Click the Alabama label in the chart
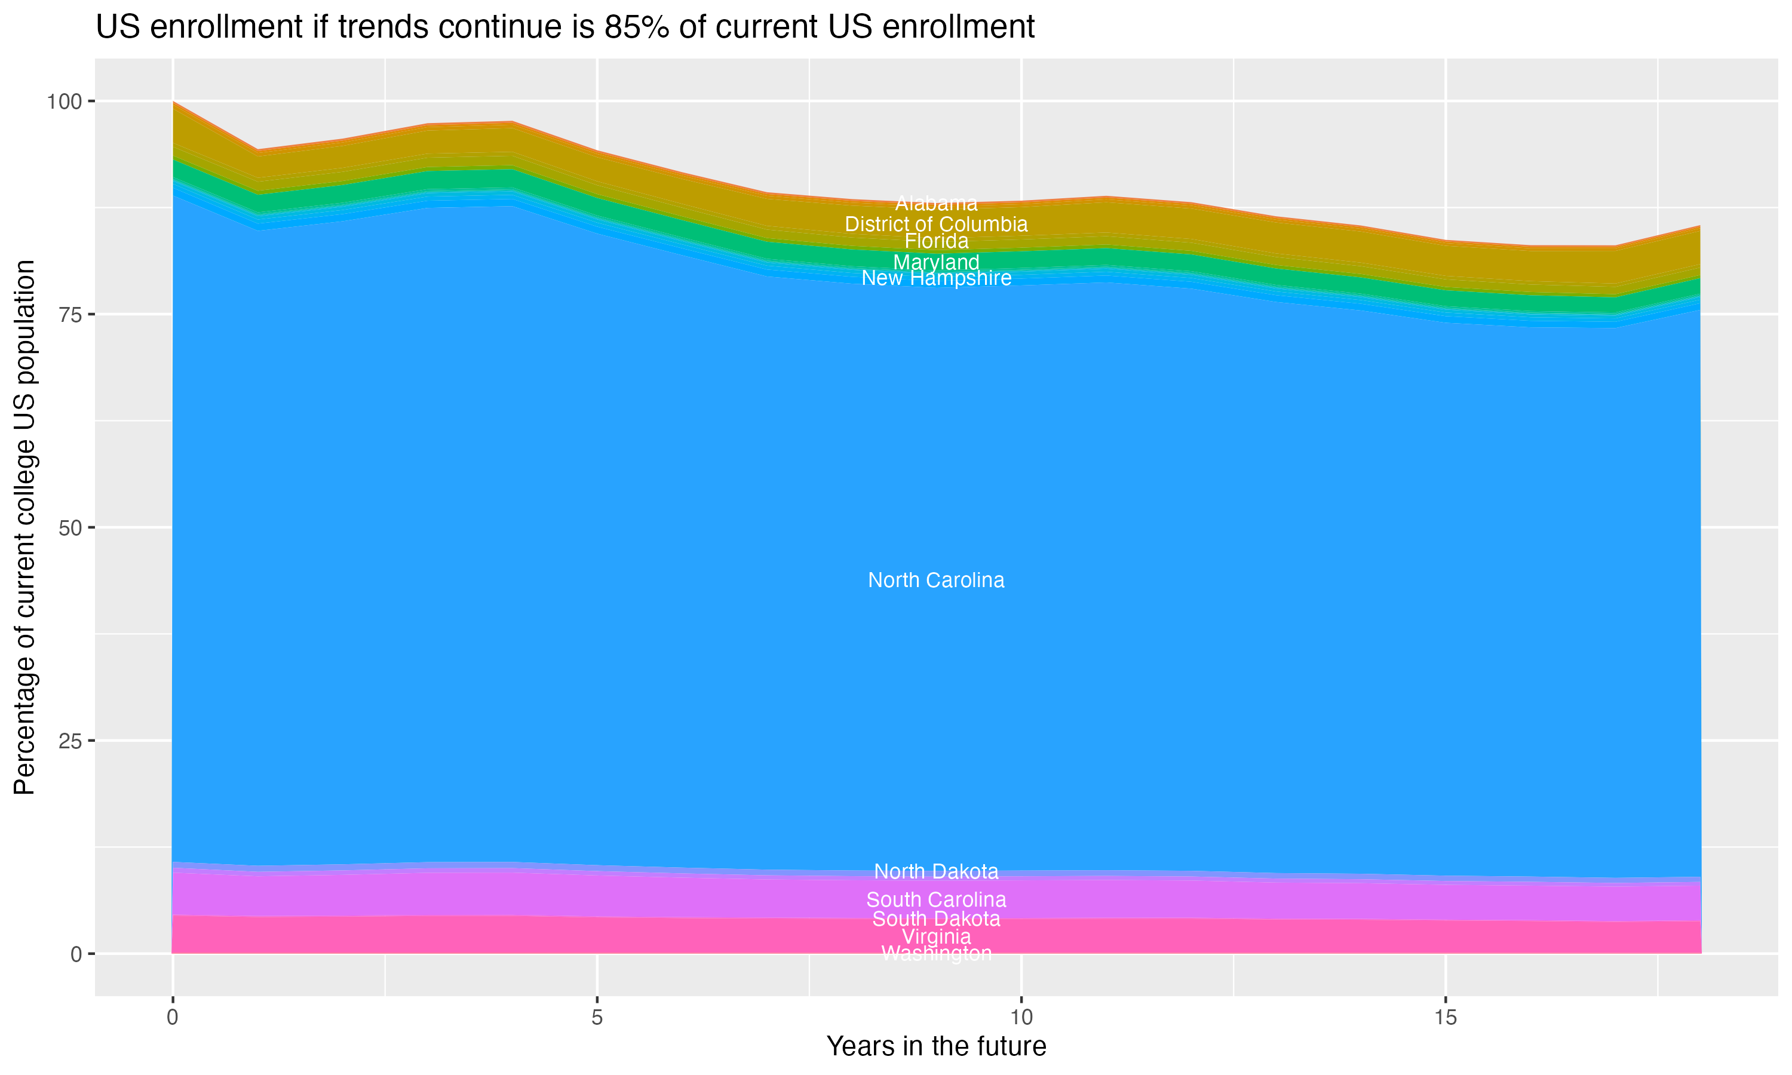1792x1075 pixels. [936, 204]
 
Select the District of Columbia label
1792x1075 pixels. [936, 225]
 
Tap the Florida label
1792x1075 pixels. [936, 241]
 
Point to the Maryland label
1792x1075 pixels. [936, 262]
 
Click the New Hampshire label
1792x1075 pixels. [936, 278]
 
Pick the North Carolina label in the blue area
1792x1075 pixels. [936, 580]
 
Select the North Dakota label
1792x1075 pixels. [936, 871]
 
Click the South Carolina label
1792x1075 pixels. [936, 899]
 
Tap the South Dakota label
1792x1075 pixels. [936, 919]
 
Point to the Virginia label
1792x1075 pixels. [936, 936]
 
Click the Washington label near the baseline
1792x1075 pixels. [936, 953]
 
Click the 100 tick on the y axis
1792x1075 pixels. [65, 102]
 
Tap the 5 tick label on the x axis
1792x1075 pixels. [597, 1018]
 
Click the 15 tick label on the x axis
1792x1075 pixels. [1445, 1018]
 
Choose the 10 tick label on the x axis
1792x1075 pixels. [1021, 1018]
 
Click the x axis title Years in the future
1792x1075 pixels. [936, 1047]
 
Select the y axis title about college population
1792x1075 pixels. [24, 527]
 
